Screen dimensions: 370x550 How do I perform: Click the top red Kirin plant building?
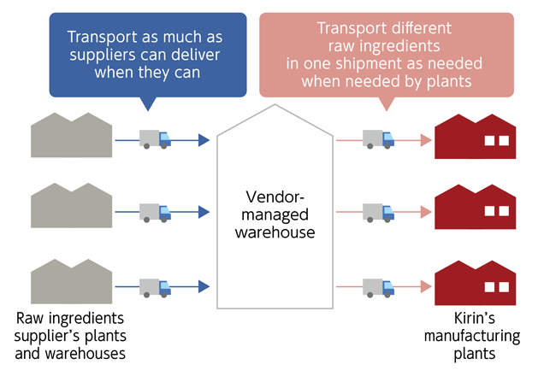476,138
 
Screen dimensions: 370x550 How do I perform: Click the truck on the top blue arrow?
155,138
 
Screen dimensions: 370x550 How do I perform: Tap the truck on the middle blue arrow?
155,212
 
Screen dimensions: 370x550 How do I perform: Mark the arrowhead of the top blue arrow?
203,139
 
